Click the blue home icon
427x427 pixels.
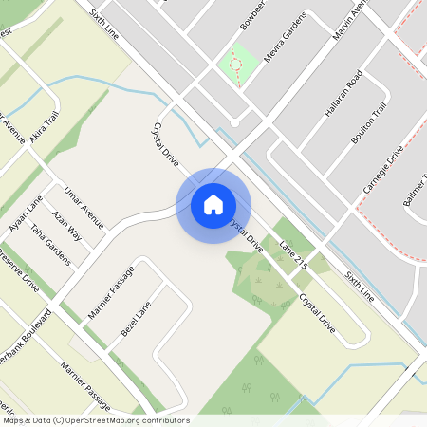tap(213, 204)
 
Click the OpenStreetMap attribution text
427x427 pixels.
tap(95, 420)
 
